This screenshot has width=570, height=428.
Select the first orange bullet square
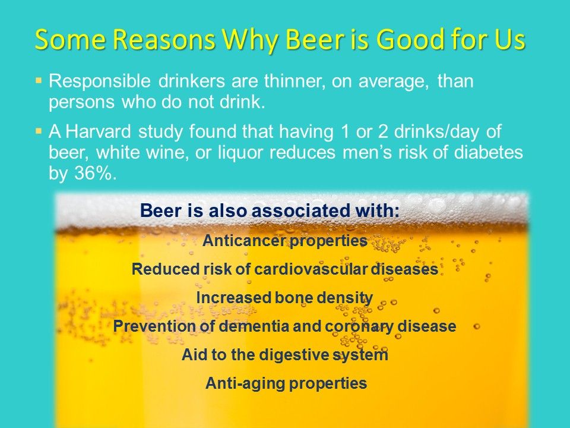pyautogui.click(x=39, y=79)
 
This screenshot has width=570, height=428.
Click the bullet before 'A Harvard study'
pyautogui.click(x=39, y=130)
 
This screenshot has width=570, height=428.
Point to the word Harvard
pyautogui.click(x=98, y=131)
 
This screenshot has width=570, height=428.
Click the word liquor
pyautogui.click(x=240, y=153)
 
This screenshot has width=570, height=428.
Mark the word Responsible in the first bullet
pyautogui.click(x=100, y=81)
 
